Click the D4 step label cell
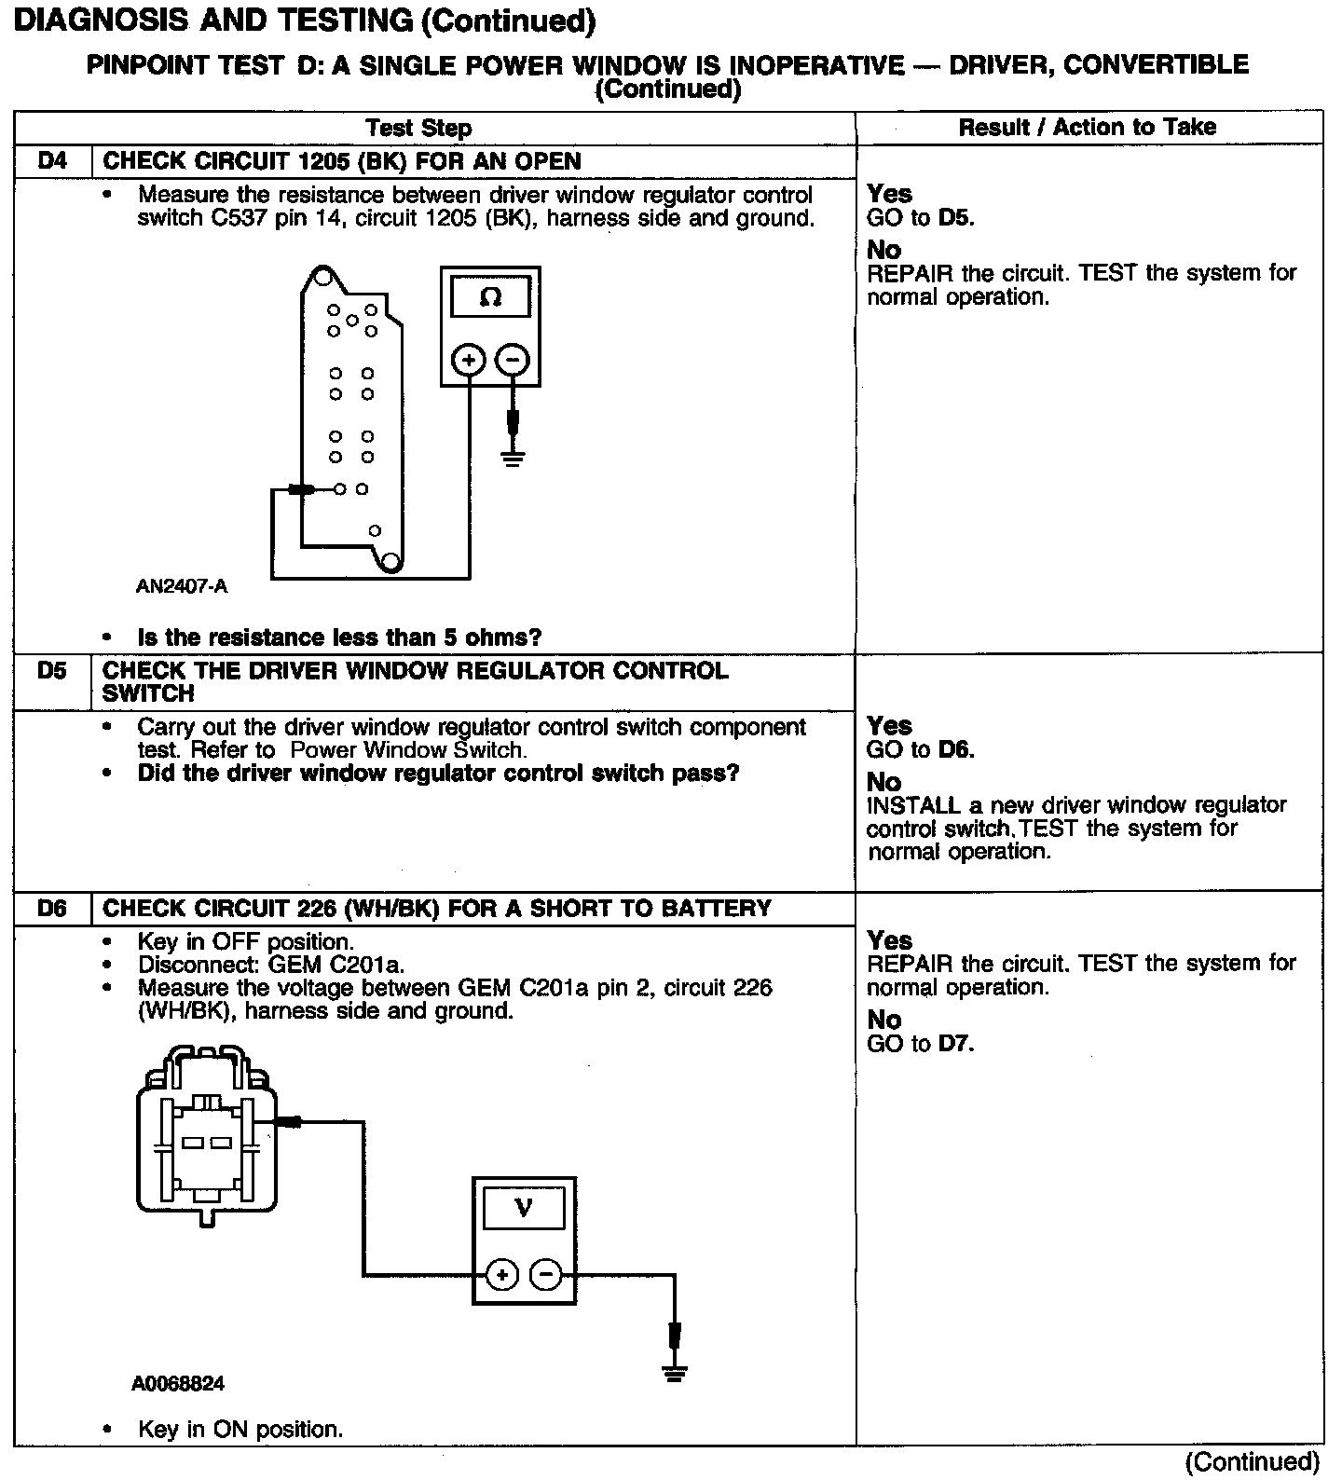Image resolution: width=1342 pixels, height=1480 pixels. (x=53, y=161)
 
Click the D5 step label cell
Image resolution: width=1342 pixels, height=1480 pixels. (x=53, y=671)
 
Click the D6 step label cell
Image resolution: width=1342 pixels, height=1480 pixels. (x=53, y=909)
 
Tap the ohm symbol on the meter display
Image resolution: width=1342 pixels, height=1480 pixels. (x=490, y=298)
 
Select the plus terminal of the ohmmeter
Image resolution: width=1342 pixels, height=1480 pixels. (x=469, y=360)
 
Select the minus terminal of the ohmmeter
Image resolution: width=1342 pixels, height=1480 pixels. (x=512, y=360)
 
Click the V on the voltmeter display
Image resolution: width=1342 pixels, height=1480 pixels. (x=524, y=1209)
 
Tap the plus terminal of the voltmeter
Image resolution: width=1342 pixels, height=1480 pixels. (x=502, y=1274)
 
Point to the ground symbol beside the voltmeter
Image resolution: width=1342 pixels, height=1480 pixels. (x=674, y=1373)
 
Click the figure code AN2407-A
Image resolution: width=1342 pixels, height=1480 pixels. (x=182, y=587)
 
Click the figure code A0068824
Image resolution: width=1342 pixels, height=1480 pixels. (x=178, y=1384)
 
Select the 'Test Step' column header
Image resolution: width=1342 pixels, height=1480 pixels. (x=418, y=128)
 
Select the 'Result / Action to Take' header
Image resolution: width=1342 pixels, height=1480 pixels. (x=1088, y=127)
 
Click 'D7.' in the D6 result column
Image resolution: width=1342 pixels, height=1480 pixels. (x=956, y=1044)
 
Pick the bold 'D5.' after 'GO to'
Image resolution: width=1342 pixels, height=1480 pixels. (x=956, y=218)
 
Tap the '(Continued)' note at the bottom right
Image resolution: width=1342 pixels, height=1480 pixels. (x=1252, y=1461)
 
